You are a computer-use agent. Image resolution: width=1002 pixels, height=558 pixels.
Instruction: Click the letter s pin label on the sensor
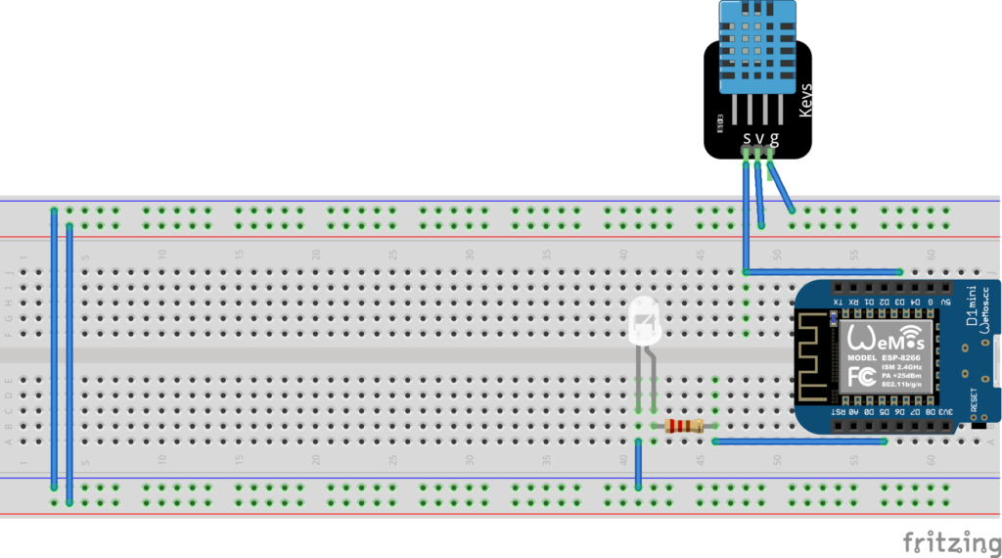[x=747, y=138]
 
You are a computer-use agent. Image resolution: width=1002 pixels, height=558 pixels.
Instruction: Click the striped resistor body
[x=684, y=426]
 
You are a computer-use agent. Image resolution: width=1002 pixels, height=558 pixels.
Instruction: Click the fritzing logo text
[x=944, y=541]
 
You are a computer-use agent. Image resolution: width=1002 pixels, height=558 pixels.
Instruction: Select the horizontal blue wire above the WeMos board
[x=822, y=271]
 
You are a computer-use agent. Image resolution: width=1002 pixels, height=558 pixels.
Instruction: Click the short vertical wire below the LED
[x=637, y=464]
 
